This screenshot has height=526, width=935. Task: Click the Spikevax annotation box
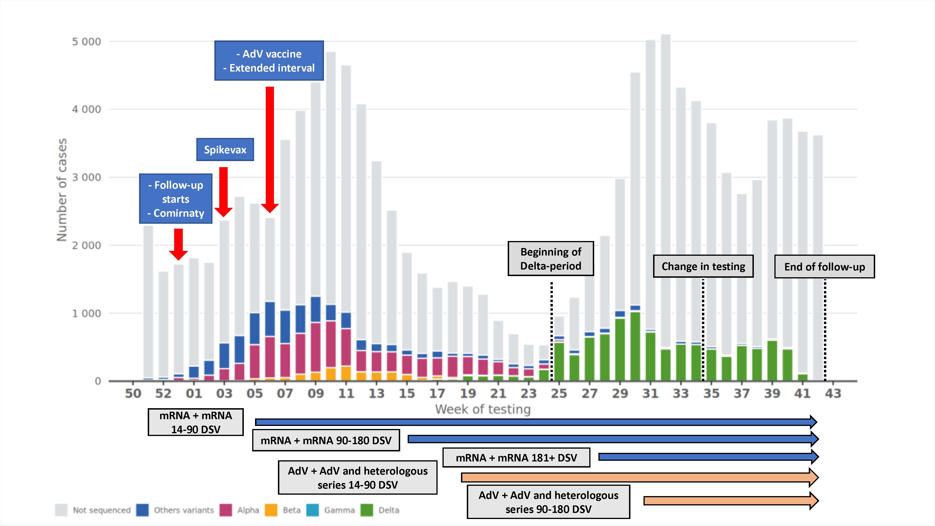pyautogui.click(x=225, y=150)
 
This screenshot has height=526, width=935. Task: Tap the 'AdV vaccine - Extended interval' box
pyautogui.click(x=269, y=61)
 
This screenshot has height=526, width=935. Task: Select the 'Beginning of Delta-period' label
pyautogui.click(x=551, y=259)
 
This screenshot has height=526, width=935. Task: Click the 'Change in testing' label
pyautogui.click(x=703, y=267)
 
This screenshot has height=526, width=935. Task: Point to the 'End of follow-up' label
pyautogui.click(x=824, y=267)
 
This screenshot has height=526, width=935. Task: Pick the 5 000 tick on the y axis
pyautogui.click(x=86, y=42)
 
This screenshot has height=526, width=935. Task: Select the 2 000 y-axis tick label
pyautogui.click(x=86, y=245)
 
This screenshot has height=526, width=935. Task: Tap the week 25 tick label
pyautogui.click(x=559, y=393)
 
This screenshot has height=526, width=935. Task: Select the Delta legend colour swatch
pyautogui.click(x=367, y=510)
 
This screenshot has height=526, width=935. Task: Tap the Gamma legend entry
pyautogui.click(x=339, y=510)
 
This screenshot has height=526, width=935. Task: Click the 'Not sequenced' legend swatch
pyautogui.click(x=61, y=510)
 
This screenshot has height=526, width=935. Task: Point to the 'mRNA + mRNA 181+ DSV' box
pyautogui.click(x=516, y=458)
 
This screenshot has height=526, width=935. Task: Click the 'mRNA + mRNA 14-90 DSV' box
pyautogui.click(x=196, y=422)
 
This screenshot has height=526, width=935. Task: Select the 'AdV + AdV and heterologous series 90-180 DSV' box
pyautogui.click(x=548, y=502)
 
